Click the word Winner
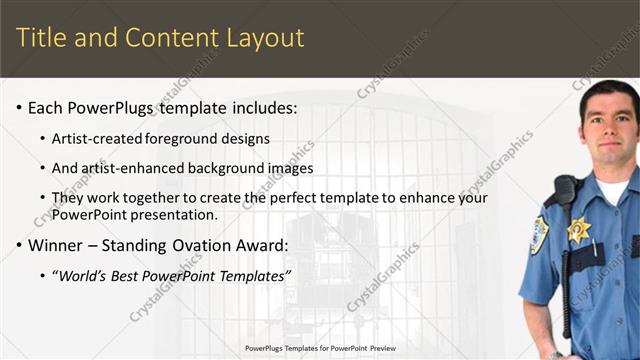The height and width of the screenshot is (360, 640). coord(56,245)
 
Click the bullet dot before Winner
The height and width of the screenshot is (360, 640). coord(18,246)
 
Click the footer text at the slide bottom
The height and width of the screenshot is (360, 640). coord(319,348)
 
